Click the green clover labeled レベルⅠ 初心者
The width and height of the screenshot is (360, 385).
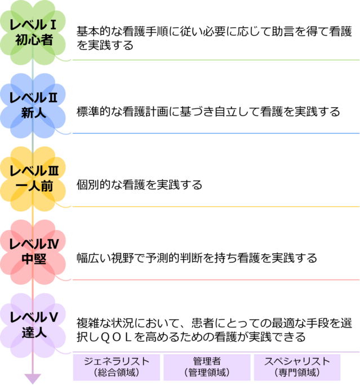pyautogui.click(x=33, y=32)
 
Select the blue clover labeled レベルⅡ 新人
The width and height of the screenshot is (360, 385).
pyautogui.click(x=33, y=105)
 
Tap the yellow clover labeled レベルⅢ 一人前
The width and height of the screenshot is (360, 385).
pyautogui.click(x=33, y=179)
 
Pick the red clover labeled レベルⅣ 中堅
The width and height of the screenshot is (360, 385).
pyautogui.click(x=33, y=252)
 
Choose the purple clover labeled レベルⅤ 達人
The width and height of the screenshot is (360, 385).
pyautogui.click(x=33, y=325)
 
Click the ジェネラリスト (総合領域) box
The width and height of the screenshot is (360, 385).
pyautogui.click(x=117, y=367)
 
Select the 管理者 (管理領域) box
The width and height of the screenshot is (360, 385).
pyautogui.click(x=207, y=367)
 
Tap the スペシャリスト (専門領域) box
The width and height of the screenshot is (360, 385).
pyautogui.click(x=297, y=367)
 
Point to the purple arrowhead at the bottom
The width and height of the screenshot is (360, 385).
pyautogui.click(x=33, y=379)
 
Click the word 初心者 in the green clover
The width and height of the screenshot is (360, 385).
pyautogui.click(x=34, y=40)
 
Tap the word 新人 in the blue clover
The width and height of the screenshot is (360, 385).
pyautogui.click(x=34, y=113)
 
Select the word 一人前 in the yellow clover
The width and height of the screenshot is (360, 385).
pyautogui.click(x=34, y=186)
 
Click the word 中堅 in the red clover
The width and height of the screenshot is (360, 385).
pyautogui.click(x=34, y=259)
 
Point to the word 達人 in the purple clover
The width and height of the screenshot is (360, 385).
pyautogui.click(x=34, y=333)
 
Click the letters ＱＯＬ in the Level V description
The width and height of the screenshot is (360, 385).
pyautogui.click(x=115, y=337)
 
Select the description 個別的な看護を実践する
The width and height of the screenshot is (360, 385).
pyautogui.click(x=139, y=185)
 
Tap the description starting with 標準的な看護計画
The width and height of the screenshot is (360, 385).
pyautogui.click(x=208, y=112)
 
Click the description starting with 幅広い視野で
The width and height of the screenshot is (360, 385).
pyautogui.click(x=197, y=258)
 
